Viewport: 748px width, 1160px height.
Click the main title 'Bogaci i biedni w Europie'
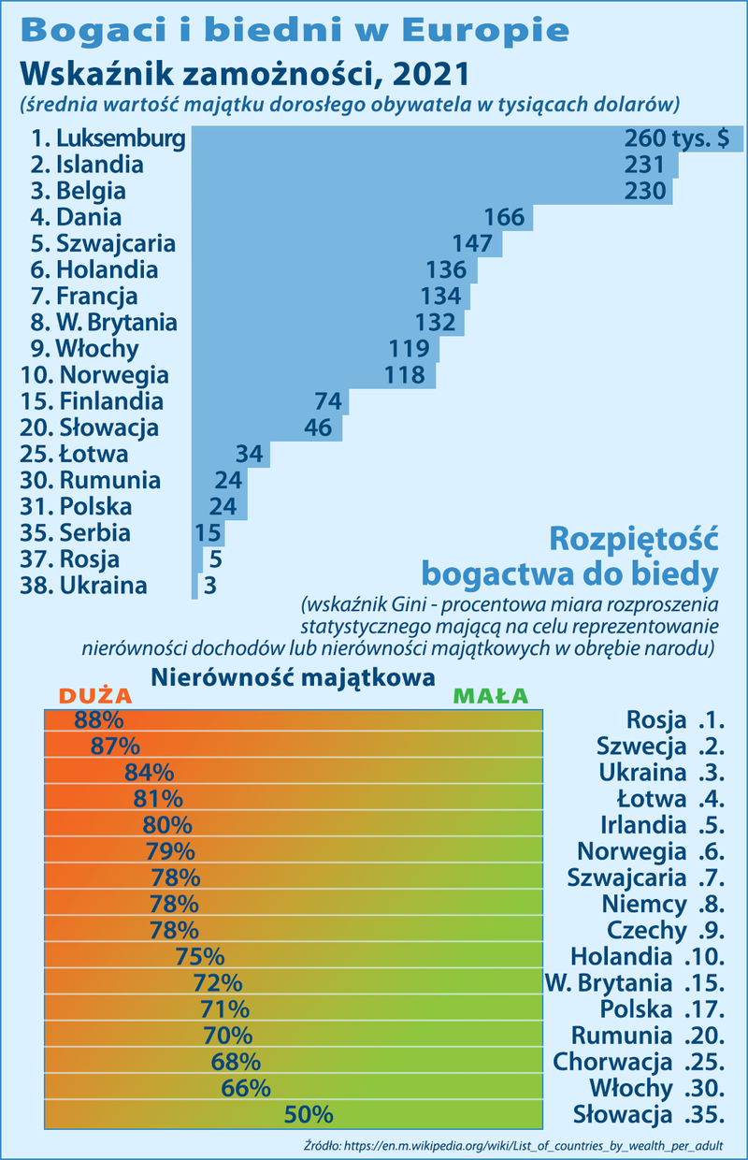click(294, 30)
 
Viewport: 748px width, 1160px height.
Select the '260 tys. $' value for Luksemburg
click(676, 139)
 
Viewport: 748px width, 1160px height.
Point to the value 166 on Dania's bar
click(504, 218)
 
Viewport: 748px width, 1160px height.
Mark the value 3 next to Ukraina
click(210, 587)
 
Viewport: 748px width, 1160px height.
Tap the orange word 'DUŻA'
click(95, 697)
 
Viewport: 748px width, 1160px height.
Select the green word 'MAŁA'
click(490, 697)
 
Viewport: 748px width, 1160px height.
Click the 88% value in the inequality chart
click(99, 720)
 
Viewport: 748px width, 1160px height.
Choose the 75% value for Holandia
click(200, 957)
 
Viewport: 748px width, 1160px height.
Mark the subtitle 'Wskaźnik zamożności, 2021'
click(243, 73)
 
